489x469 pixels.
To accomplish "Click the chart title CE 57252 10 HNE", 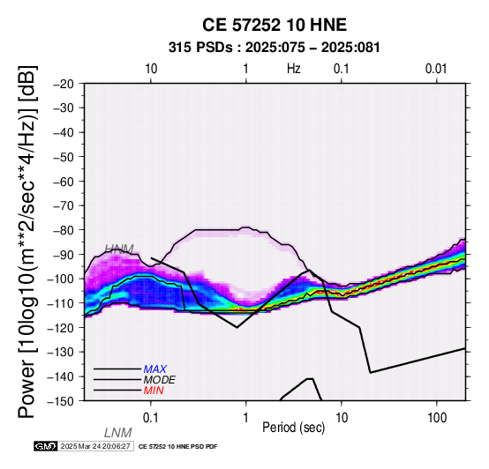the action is coord(275,25).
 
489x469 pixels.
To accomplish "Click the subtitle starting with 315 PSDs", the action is coord(275,48).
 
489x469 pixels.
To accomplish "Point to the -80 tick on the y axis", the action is coord(64,230).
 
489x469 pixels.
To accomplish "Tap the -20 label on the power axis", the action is coord(64,84).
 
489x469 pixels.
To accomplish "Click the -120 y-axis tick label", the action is coord(62,328).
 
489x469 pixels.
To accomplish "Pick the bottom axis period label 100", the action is coord(437,418).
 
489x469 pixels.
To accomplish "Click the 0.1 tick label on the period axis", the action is coord(151,418).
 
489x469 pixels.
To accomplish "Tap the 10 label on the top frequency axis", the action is coord(151,69).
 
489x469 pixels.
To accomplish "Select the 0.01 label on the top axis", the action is coord(436,69).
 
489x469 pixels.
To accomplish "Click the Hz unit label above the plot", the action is coord(293,69).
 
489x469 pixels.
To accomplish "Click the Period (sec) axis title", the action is coord(293,428).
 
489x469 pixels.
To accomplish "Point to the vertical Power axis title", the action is coord(27,242).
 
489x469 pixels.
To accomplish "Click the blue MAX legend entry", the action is coord(155,369).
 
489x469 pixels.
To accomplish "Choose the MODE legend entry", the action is coord(160,380).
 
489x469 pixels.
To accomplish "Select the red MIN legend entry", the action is coord(154,391).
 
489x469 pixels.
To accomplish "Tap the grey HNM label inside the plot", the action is coord(119,249).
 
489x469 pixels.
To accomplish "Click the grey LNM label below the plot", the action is coord(118,433).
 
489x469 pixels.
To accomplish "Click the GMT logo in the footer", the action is coord(46,446).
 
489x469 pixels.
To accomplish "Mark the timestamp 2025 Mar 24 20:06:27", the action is coord(95,446).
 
